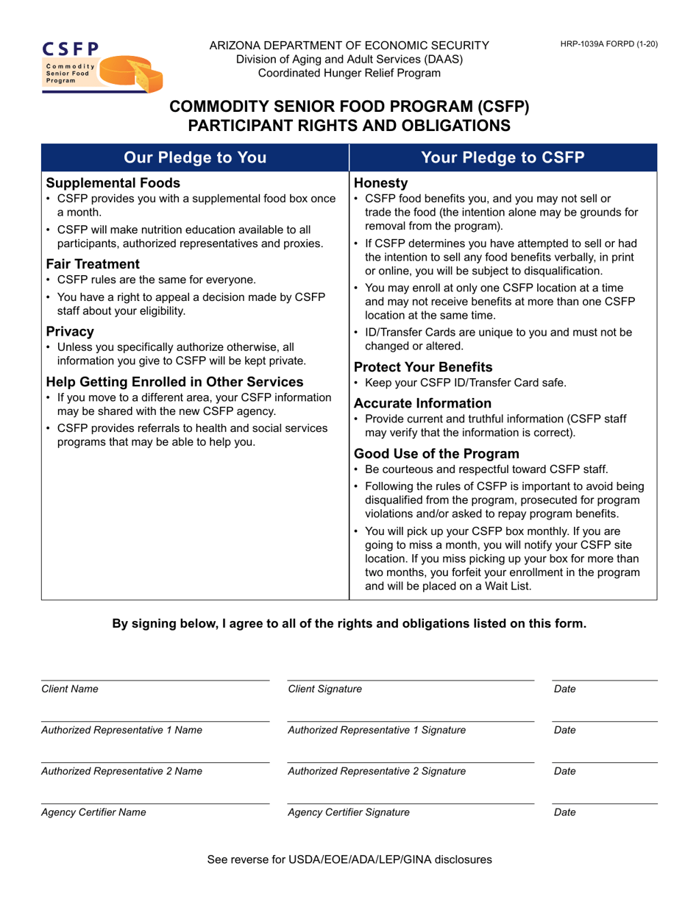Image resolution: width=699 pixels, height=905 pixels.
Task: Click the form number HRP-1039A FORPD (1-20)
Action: [x=608, y=44]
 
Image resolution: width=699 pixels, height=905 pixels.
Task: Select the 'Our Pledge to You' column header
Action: [x=194, y=157]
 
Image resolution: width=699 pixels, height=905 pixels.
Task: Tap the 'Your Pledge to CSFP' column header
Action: [x=502, y=157]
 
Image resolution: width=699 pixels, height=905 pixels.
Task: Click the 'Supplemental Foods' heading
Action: [x=113, y=182]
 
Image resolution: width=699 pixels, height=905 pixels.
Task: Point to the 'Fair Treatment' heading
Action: [x=93, y=264]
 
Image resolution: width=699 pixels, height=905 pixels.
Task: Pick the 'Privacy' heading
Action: [x=70, y=331]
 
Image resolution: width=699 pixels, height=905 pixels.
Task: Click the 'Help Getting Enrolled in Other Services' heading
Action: [x=174, y=382]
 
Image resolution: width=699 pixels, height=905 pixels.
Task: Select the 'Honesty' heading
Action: [x=380, y=182]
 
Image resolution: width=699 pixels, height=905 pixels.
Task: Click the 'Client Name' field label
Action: [x=70, y=689]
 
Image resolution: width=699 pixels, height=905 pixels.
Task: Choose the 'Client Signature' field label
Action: [x=324, y=689]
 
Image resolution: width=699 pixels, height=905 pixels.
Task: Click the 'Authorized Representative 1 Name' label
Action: [x=121, y=731]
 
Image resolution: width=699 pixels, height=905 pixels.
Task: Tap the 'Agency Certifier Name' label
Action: [x=93, y=813]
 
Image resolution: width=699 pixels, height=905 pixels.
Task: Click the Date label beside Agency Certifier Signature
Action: [x=564, y=813]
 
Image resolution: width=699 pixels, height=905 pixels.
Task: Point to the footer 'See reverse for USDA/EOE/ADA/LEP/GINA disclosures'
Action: [x=349, y=859]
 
